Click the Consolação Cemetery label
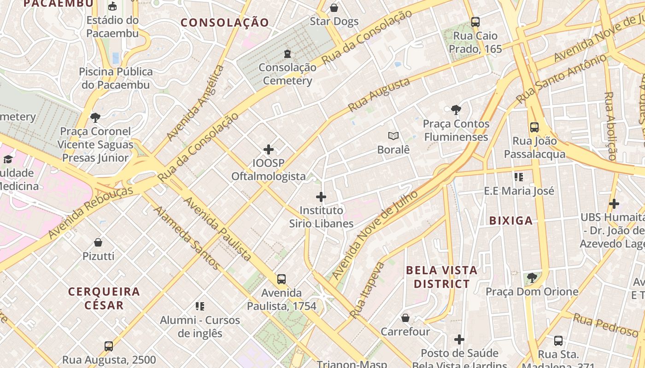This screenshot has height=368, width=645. click(287, 74)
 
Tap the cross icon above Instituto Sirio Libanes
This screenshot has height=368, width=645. click(321, 197)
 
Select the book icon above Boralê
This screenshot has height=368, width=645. click(393, 136)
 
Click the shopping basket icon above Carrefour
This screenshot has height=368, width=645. click(405, 318)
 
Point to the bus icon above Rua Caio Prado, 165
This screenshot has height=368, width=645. click(475, 22)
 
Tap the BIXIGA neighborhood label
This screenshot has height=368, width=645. click(511, 221)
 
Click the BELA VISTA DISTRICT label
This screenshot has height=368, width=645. click(441, 277)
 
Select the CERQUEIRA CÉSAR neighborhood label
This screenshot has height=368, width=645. click(104, 298)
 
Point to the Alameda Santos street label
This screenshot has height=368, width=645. click(187, 237)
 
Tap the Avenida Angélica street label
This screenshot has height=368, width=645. click(195, 103)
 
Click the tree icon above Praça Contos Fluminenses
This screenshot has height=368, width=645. click(456, 110)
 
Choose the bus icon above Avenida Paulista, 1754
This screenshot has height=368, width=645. click(281, 279)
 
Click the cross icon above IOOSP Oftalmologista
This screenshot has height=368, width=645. click(269, 149)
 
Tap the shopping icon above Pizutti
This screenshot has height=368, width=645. click(98, 242)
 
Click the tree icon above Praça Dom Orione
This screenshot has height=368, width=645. click(532, 278)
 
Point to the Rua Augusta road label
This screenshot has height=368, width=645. click(379, 95)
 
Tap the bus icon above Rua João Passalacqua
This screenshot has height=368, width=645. click(534, 127)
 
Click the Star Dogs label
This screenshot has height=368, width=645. click(334, 21)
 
